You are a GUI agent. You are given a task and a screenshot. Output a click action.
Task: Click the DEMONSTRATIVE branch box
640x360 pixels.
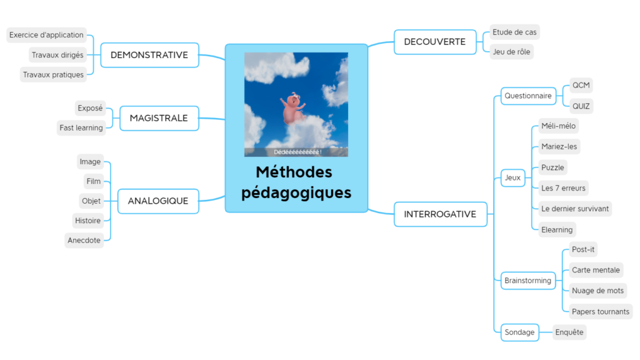point(149,55)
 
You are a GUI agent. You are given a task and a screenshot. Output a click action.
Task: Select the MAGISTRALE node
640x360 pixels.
point(159,118)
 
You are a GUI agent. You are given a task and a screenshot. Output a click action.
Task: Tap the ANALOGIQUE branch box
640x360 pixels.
point(158,201)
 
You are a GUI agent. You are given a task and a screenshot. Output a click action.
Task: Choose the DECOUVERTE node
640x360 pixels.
point(435,42)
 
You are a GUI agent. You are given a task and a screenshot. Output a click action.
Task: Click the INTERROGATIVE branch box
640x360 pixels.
point(440,214)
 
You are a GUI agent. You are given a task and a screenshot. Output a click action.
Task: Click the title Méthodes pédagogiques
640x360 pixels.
point(296,182)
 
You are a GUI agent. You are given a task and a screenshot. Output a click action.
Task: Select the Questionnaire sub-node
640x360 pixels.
point(528,96)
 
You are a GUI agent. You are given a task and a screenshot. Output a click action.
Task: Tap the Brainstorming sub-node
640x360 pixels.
point(528,281)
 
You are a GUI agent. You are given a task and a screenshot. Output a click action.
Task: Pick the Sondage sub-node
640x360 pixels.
point(519,332)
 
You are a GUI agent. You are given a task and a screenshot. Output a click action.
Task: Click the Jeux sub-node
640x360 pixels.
point(512,177)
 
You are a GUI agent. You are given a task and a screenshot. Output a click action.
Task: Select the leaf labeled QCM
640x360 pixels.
point(581,85)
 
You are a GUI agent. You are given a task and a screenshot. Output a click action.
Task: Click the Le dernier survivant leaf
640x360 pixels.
point(575,209)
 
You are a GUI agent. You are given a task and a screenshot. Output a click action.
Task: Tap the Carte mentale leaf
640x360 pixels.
point(596,270)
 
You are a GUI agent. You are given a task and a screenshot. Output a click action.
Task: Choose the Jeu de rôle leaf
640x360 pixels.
point(511,52)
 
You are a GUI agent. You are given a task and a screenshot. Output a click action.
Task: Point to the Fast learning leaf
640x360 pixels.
point(81,128)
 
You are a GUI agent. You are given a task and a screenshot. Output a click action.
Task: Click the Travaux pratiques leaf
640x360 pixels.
point(53,75)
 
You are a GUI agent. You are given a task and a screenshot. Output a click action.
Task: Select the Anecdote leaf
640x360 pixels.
point(84,241)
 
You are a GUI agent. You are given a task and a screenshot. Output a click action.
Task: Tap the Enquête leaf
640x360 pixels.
point(569,332)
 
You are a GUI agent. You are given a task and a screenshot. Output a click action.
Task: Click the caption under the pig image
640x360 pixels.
point(297,152)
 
